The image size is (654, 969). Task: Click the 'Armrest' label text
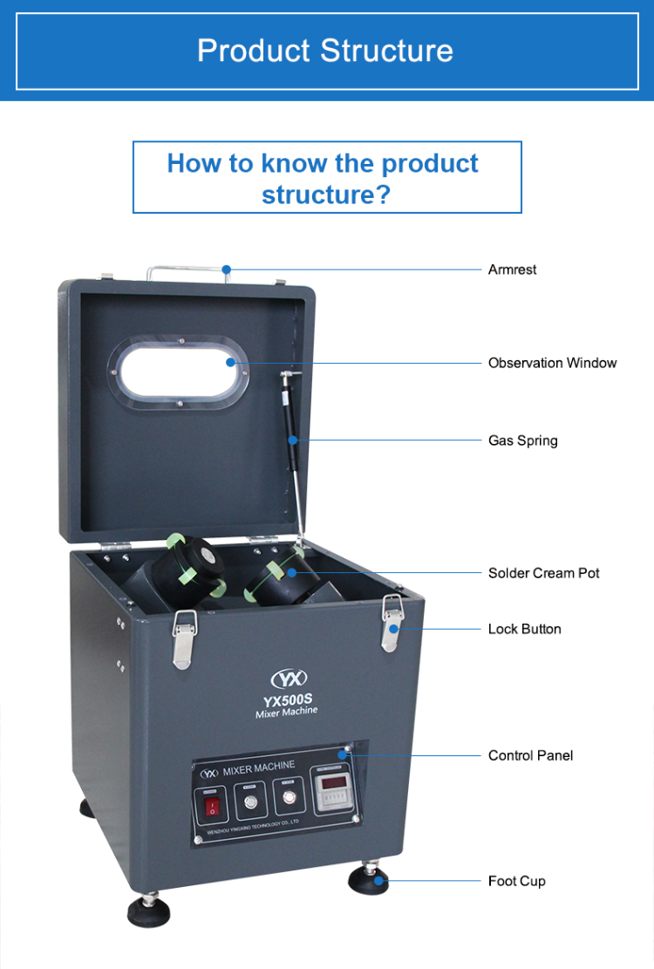512,270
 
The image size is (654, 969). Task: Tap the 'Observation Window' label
552,363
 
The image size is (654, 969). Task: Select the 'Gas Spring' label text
522,440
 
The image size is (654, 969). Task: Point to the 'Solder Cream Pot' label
543,573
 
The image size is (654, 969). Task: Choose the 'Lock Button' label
524,629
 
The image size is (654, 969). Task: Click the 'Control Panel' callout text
530,755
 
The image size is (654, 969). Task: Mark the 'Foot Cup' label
516,881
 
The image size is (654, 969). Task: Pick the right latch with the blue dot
392,624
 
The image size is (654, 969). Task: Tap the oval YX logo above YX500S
290,679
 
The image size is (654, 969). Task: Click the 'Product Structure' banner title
325,50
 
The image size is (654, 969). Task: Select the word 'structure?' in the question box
326,194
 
